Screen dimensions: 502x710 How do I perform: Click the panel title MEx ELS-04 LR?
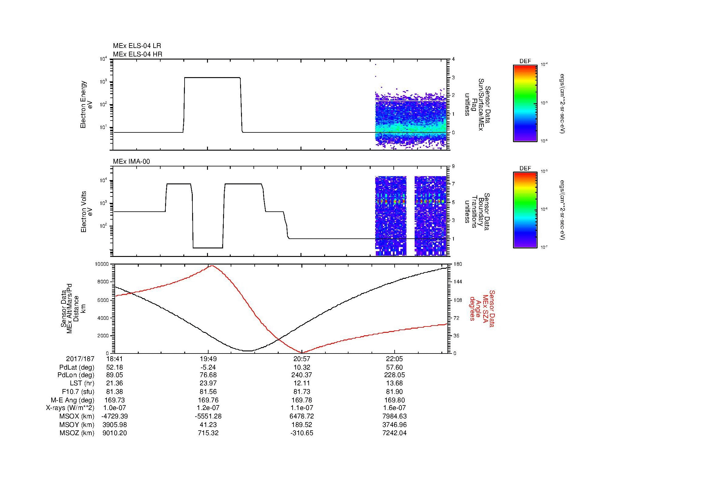(137, 46)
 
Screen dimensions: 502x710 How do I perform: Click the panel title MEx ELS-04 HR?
(138, 54)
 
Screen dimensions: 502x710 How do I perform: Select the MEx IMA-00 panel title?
(131, 162)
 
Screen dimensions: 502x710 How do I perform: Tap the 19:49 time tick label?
(208, 359)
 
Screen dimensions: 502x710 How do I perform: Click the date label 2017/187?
(80, 359)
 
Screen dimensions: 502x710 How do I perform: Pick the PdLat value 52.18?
(115, 367)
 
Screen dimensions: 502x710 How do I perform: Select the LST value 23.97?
(208, 384)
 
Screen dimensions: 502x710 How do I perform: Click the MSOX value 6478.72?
(301, 416)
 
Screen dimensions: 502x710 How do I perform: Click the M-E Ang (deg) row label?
(73, 400)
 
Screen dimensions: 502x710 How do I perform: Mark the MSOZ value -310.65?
(301, 433)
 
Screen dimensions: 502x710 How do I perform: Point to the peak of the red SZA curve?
(212, 265)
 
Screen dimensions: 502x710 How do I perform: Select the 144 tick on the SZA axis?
(457, 282)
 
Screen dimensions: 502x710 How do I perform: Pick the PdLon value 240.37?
(301, 375)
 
